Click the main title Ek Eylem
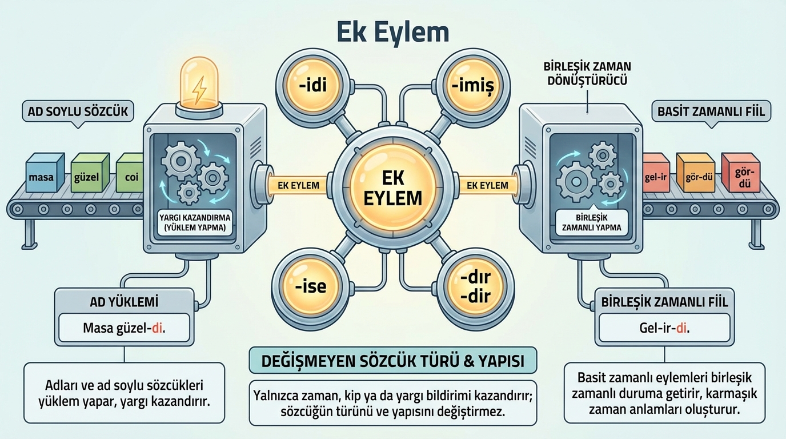[392, 33]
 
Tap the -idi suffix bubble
[312, 87]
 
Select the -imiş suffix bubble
[472, 87]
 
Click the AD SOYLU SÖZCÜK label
[78, 112]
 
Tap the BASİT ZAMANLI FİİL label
[712, 112]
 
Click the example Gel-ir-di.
[664, 328]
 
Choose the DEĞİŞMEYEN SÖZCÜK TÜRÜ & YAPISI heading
[393, 361]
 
